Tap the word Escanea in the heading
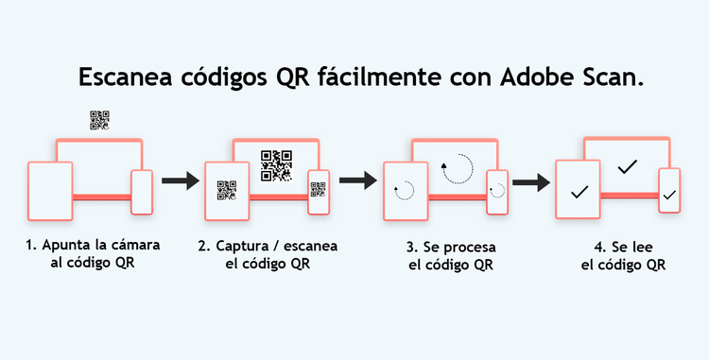click(x=125, y=77)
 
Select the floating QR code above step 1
click(x=99, y=120)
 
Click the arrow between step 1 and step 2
click(x=181, y=180)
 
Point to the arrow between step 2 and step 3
click(x=357, y=180)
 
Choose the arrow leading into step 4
click(x=531, y=182)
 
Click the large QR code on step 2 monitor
click(x=276, y=165)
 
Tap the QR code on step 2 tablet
click(x=227, y=190)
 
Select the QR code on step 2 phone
click(x=319, y=190)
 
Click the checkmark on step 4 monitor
click(x=627, y=166)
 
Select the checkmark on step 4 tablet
click(x=579, y=192)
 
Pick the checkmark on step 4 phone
click(x=669, y=196)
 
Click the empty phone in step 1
click(x=142, y=192)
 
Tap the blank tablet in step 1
click(x=50, y=191)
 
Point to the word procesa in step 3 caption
click(x=470, y=248)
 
